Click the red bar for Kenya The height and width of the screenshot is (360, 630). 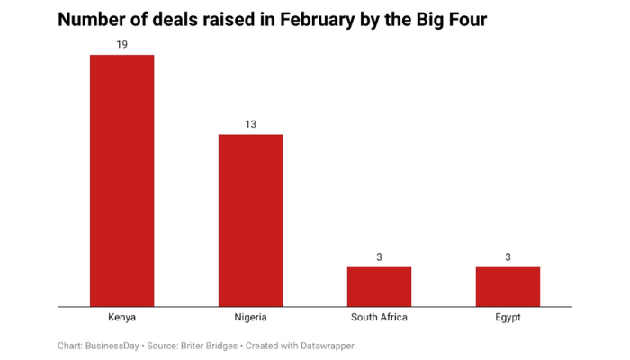121,180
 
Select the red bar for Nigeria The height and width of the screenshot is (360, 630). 250,220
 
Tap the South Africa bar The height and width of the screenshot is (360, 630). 379,286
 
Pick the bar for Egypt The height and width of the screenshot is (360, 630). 508,286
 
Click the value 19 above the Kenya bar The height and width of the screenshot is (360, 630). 121,44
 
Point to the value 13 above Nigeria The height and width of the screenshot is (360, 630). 250,123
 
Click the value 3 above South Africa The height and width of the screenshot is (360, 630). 379,256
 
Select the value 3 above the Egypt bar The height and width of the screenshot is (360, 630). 508,256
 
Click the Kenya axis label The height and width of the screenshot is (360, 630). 121,318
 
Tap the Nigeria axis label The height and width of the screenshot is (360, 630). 250,318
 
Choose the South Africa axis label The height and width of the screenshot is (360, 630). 379,318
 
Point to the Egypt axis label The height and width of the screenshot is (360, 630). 508,318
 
